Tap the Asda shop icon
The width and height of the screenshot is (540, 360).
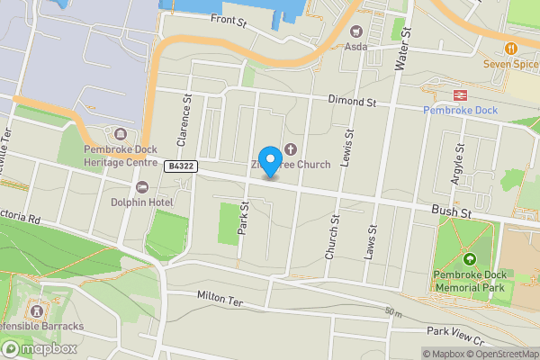pos(355,31)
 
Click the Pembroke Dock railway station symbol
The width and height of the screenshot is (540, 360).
pos(459,94)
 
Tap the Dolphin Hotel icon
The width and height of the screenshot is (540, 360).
pos(141,186)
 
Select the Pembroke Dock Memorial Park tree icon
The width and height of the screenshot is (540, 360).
pos(470,259)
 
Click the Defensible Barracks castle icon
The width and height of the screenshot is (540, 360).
pos(37,309)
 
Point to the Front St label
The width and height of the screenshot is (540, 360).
pos(228,19)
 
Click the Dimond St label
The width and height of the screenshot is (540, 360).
pos(352,102)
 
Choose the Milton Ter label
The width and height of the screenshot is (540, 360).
pos(220,298)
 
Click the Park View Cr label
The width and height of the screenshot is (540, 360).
pos(456,335)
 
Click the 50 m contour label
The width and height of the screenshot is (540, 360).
pos(392,312)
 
